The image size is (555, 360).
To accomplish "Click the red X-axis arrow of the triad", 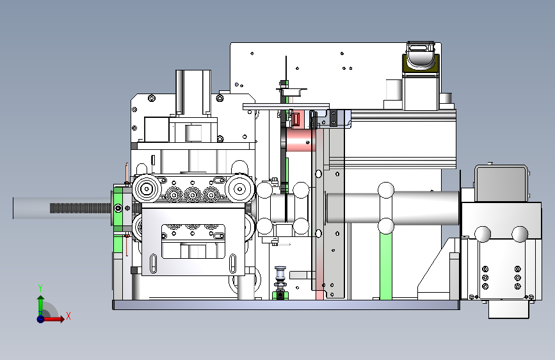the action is [x=52, y=319].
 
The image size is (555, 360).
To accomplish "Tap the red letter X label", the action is [x=68, y=316].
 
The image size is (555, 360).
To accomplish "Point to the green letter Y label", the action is [x=40, y=288].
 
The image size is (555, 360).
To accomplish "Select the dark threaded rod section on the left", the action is [x=81, y=208].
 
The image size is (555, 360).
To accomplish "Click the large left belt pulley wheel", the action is [x=147, y=189].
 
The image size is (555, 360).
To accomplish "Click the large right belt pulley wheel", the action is [x=240, y=189].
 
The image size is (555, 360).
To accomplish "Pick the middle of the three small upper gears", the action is [x=193, y=195].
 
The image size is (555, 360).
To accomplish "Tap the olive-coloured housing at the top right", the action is [x=421, y=65].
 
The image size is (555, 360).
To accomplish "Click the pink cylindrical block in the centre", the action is [x=300, y=140].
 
